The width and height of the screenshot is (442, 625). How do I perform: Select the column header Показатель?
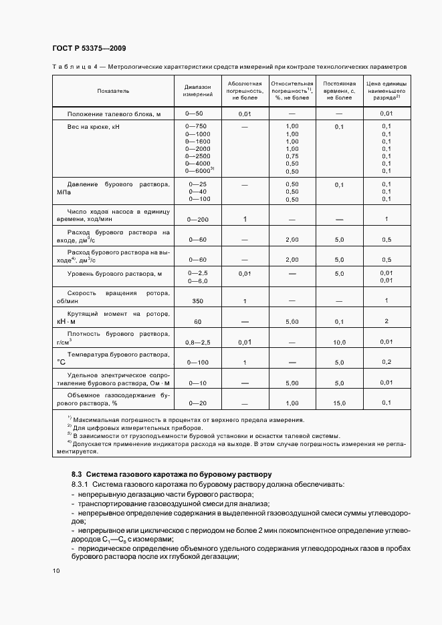click(x=113, y=90)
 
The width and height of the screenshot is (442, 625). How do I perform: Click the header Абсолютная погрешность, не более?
click(x=244, y=90)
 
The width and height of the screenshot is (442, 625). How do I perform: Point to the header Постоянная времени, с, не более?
click(x=338, y=90)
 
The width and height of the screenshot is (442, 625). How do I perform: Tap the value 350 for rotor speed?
click(x=197, y=301)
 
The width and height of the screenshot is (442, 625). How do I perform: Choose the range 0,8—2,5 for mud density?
click(x=197, y=342)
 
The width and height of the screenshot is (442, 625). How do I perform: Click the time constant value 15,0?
click(x=339, y=403)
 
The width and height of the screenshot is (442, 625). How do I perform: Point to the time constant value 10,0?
click(x=339, y=342)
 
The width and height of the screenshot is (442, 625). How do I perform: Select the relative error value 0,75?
click(x=292, y=156)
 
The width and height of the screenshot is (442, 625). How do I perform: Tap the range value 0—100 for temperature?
click(x=197, y=362)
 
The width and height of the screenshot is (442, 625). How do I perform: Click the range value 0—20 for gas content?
click(x=197, y=403)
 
